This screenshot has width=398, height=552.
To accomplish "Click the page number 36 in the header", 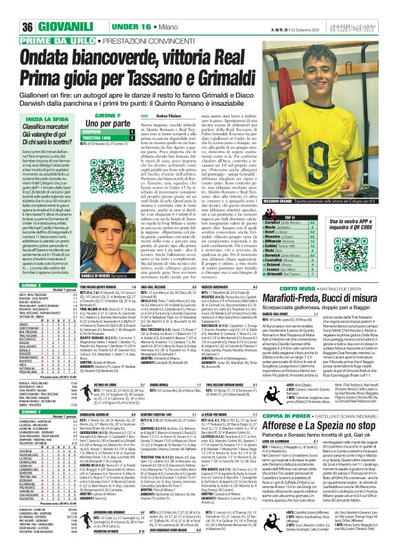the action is coord(11,8).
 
